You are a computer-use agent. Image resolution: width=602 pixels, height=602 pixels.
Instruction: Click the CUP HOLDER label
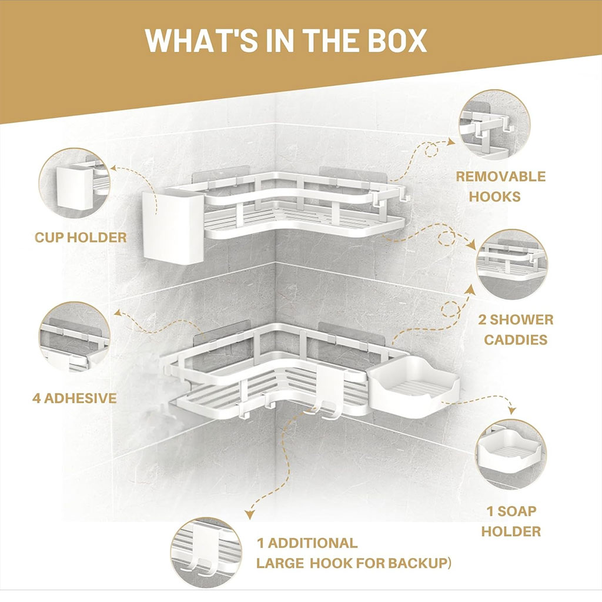[81, 238]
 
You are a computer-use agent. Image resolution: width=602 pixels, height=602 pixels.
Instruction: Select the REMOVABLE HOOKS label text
[501, 186]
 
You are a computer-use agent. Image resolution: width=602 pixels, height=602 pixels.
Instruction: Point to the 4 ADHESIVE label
[75, 398]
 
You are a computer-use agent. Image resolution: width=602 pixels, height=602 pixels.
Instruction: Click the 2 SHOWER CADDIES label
[516, 329]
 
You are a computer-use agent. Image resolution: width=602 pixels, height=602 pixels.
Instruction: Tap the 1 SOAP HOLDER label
[511, 521]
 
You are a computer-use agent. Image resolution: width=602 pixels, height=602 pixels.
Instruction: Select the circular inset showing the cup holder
[74, 183]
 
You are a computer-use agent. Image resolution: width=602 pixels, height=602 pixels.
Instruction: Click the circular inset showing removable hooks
[494, 125]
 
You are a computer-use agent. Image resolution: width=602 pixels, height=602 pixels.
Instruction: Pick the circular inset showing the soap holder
[511, 454]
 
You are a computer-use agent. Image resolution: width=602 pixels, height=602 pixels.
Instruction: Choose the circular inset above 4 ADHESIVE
[75, 337]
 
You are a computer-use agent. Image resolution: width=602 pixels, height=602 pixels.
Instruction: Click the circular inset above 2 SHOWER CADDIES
[512, 265]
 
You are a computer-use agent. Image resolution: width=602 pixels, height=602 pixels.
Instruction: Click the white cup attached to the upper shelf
[173, 226]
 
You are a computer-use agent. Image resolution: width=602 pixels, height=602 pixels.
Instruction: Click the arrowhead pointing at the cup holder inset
[115, 168]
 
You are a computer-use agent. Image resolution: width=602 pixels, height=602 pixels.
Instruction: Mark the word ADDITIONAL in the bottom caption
[313, 543]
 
